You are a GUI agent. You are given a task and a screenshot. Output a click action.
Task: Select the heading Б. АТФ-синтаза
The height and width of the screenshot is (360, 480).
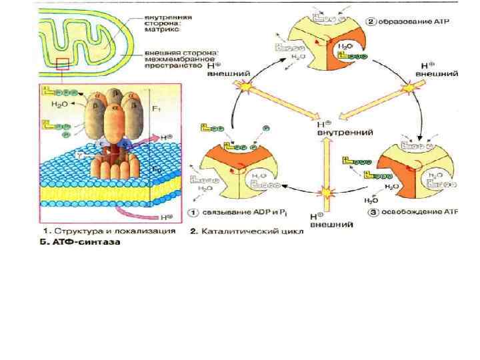point(79,243)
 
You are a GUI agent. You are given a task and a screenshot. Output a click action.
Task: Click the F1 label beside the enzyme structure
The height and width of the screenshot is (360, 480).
point(155,107)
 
